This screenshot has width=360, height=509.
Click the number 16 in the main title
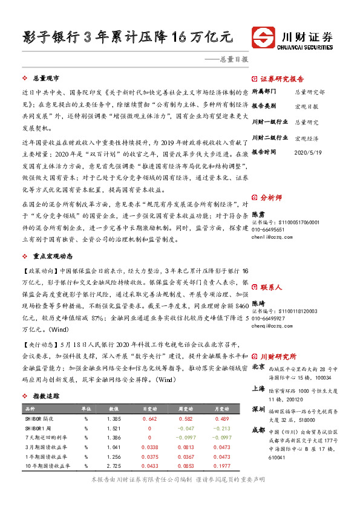[186, 36]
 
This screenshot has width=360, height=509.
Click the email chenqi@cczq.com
[269, 325]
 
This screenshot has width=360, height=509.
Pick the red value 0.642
[149, 418]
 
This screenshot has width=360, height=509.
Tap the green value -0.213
[223, 428]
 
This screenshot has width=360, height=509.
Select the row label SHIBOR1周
[39, 428]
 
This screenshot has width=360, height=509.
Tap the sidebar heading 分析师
[270, 197]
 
